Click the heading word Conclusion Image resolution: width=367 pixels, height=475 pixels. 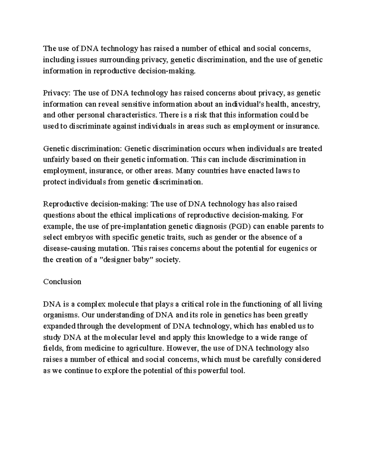tap(62, 282)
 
